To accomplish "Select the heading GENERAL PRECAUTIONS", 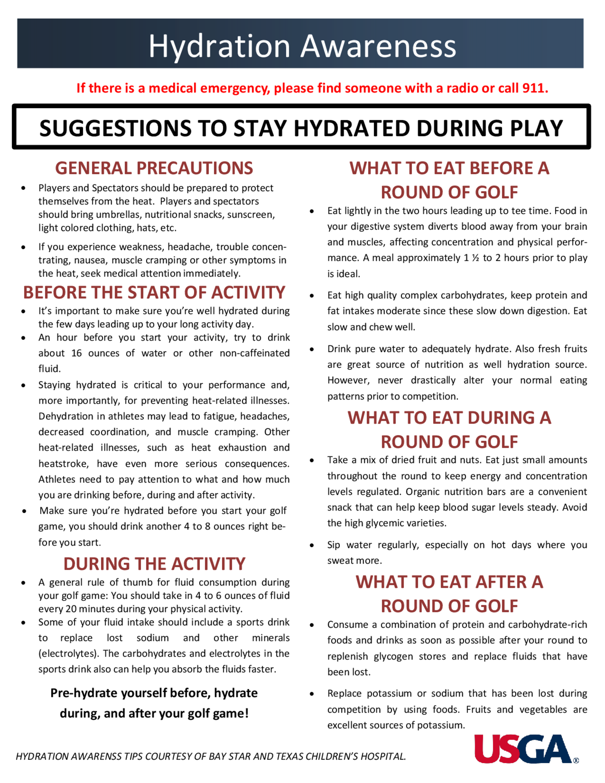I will point(154,168).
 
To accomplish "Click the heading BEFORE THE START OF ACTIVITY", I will point(154,292).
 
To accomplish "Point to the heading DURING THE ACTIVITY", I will point(154,564).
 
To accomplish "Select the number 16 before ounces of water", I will point(76,353).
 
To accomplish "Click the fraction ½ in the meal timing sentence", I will point(476,258).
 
